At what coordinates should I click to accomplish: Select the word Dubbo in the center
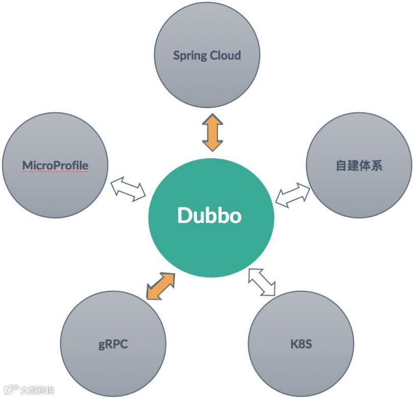tap(209, 215)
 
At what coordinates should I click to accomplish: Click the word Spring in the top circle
tap(189, 56)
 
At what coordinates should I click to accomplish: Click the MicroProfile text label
tap(55, 165)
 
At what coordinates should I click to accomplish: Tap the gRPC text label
tap(113, 344)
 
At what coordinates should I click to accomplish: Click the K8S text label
tap(301, 344)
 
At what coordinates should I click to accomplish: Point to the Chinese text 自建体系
tap(359, 165)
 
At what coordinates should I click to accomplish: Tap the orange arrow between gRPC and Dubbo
tap(160, 286)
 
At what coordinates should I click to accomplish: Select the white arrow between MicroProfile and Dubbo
tap(128, 188)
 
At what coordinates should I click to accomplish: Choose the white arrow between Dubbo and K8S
tap(262, 281)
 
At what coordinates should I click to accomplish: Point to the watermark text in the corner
tap(31, 390)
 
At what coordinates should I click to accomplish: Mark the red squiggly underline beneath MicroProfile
tap(55, 172)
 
